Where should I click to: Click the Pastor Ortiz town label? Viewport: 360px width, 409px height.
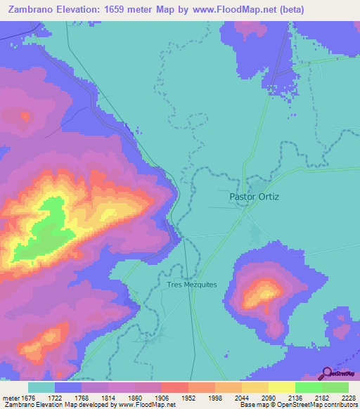click(255, 197)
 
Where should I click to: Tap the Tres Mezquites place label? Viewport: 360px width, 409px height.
click(193, 285)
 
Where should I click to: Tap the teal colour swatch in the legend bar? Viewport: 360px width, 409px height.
click(41, 387)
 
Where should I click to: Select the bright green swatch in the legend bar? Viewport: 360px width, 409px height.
click(308, 387)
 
